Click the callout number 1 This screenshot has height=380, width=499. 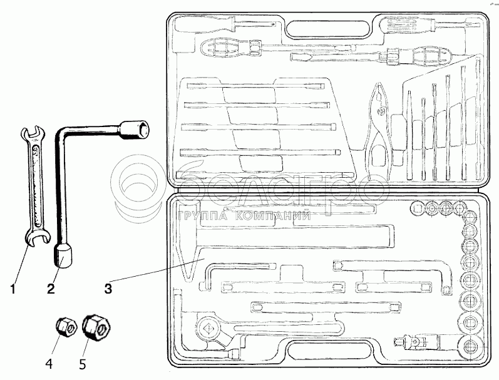click(x=13, y=289)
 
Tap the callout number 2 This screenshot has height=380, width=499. click(x=51, y=289)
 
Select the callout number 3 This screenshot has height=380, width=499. click(x=108, y=289)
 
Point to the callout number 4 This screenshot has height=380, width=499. click(x=49, y=363)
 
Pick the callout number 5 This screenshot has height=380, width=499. click(x=83, y=364)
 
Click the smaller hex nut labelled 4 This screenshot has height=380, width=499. click(x=66, y=327)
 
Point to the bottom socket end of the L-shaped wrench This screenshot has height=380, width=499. click(x=62, y=255)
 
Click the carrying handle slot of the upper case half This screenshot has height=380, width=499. click(x=328, y=29)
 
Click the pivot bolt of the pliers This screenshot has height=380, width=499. click(x=381, y=111)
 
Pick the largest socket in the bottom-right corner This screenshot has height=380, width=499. click(x=470, y=346)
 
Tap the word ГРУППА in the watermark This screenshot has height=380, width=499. click(x=203, y=217)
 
